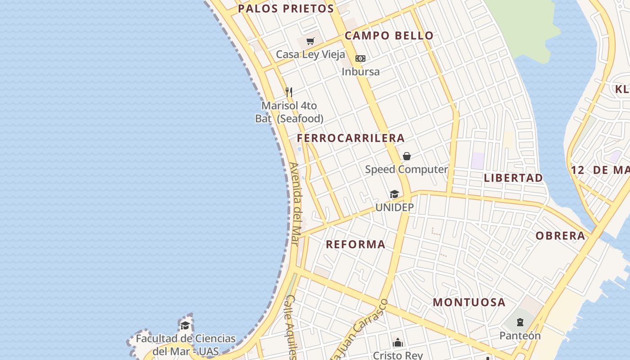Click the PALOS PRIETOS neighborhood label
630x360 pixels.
point(286,9)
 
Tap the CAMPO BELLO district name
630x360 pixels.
point(389,36)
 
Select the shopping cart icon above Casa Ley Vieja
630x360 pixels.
point(310,42)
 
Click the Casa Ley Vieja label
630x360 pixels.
point(310,54)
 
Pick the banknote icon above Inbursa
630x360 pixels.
point(360,58)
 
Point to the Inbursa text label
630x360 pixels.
point(360,72)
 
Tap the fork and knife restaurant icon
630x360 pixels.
point(289,92)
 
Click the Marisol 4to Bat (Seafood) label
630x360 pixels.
point(289,112)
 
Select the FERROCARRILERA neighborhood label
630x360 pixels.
point(351,138)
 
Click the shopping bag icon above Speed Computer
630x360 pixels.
point(407,156)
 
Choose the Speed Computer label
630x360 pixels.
point(406,170)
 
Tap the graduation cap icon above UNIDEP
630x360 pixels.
point(394,194)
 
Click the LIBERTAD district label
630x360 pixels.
point(513,178)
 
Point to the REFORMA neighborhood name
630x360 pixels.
point(355,244)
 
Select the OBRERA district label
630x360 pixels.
point(560,236)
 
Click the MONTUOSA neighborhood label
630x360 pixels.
point(469,302)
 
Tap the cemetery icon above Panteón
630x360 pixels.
point(520,322)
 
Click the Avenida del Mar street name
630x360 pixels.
point(295,203)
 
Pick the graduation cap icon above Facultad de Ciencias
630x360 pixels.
point(185,325)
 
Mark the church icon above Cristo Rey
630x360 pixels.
point(397,343)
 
